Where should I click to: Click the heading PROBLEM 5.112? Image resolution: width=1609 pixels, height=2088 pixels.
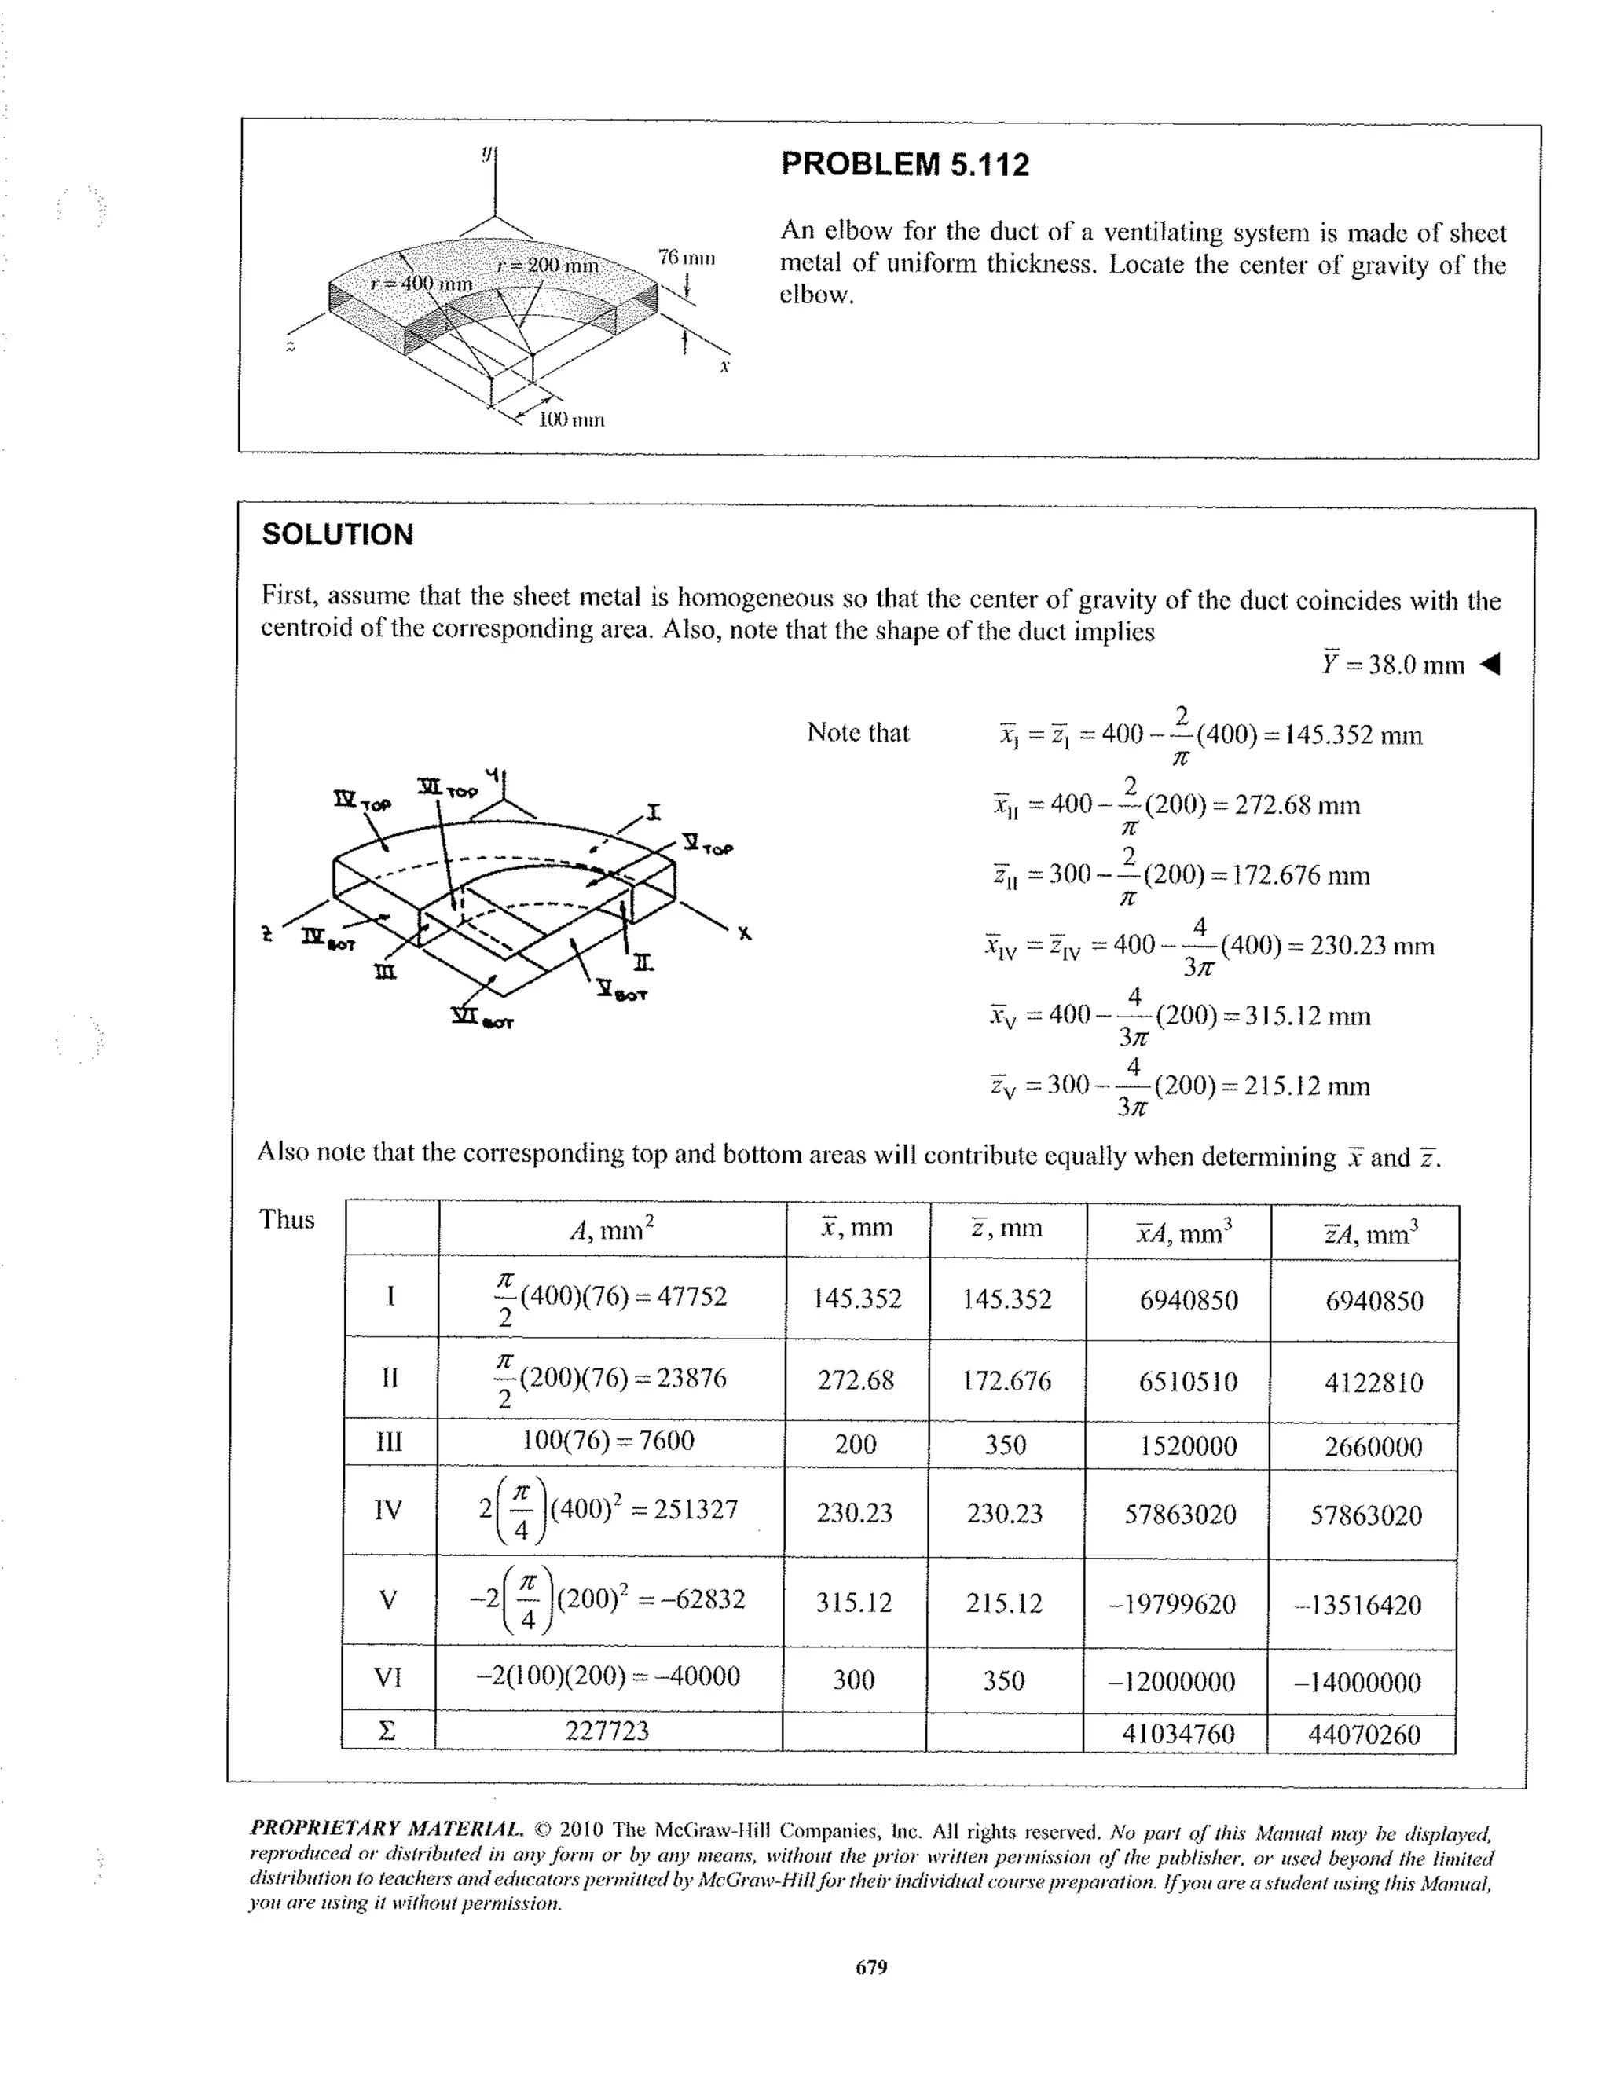tap(904, 164)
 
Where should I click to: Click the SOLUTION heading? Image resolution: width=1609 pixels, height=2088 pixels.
tap(338, 534)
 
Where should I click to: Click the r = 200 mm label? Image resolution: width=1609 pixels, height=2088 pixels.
tap(547, 266)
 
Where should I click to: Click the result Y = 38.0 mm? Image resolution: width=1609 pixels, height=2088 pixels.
tap(1393, 665)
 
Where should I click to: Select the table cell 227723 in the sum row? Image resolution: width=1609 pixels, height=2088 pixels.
tap(607, 1731)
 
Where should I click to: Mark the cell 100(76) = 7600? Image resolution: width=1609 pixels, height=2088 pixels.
tap(608, 1441)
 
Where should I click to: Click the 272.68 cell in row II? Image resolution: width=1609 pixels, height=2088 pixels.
tap(856, 1380)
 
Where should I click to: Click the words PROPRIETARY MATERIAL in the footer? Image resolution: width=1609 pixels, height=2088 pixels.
tap(387, 1829)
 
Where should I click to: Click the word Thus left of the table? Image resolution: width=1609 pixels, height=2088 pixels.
tap(287, 1220)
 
